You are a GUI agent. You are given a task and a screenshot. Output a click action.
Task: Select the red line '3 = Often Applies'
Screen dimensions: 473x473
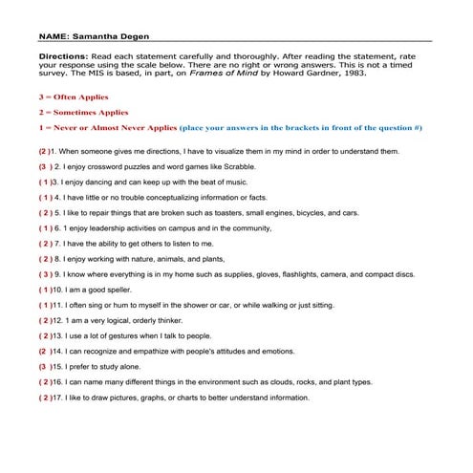click(x=74, y=97)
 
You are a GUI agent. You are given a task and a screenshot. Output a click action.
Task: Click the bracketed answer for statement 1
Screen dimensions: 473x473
click(x=44, y=152)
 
